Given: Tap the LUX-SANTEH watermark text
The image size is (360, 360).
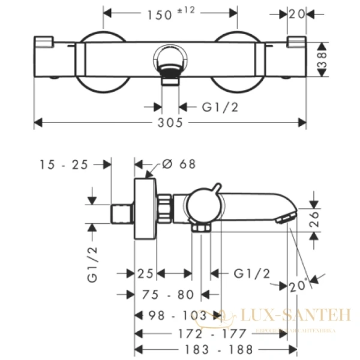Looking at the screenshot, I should (x=294, y=314).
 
